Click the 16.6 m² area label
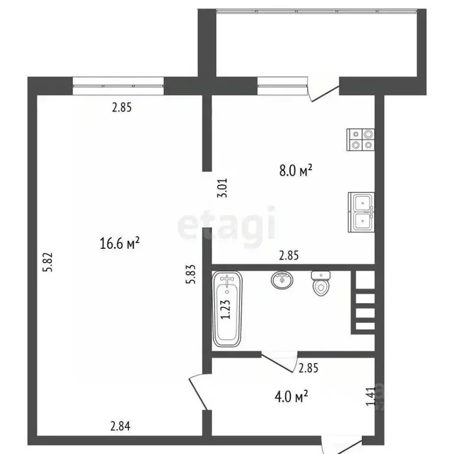tap(120, 243)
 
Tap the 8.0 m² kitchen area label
tap(296, 171)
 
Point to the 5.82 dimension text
tap(50, 262)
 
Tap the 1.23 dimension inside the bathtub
tap(225, 309)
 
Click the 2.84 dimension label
tap(121, 424)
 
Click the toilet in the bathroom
tap(320, 283)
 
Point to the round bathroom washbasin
tap(282, 280)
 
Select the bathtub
tap(227, 309)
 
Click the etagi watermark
tap(227, 225)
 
